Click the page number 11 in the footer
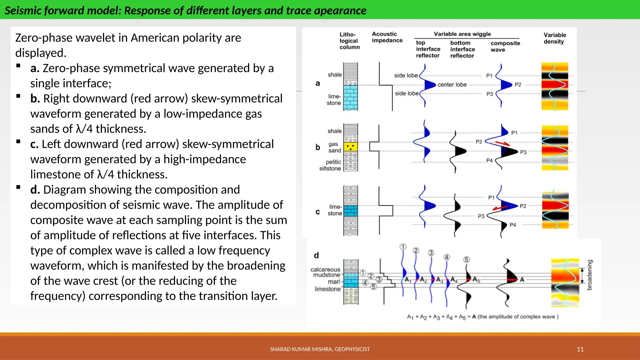click(580, 349)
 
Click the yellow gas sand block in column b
click(351, 147)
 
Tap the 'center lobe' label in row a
click(452, 85)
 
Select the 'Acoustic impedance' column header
click(387, 37)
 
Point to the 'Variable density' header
click(555, 38)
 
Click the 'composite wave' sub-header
click(505, 46)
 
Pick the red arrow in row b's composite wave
click(502, 143)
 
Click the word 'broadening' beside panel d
click(590, 275)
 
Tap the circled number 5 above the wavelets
click(466, 260)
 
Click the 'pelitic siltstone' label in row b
click(330, 165)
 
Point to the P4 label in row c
click(512, 225)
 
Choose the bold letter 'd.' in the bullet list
click(35, 190)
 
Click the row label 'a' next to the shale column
click(318, 83)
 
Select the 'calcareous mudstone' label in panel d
click(326, 272)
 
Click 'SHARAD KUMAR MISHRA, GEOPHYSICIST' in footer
click(320, 349)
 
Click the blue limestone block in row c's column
click(351, 211)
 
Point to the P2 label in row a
click(518, 85)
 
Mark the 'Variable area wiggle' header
click(462, 34)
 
